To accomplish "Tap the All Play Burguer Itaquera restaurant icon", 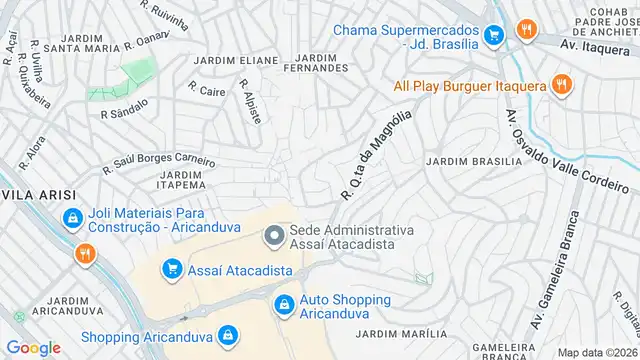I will pos(562,85).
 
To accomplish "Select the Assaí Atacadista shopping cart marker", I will pos(172,269).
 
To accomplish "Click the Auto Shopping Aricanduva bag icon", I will pos(284,302).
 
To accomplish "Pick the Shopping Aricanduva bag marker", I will pos(228,335).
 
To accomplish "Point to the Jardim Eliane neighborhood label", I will pos(236,60).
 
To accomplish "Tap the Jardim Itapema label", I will pos(181,180).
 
